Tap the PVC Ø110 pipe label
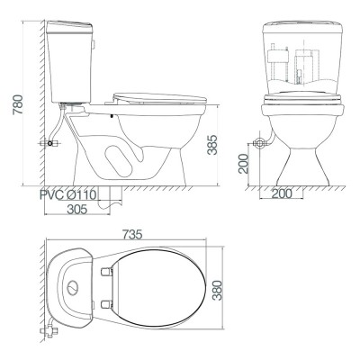67,194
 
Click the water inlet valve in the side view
48,142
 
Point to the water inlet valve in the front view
261,141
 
